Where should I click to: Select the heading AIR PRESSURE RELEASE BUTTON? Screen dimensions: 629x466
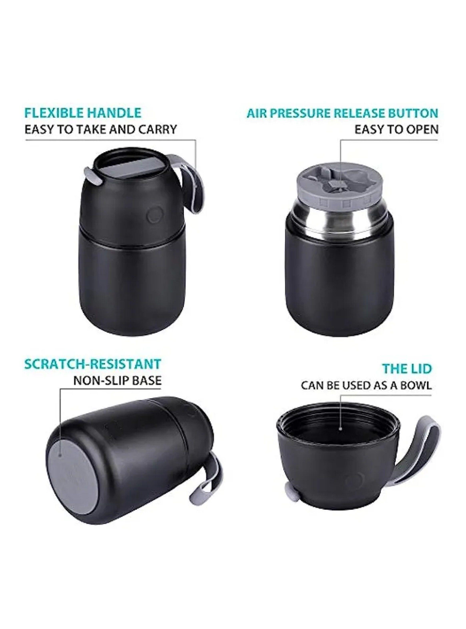click(x=342, y=113)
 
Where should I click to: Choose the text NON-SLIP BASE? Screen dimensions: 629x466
click(x=117, y=380)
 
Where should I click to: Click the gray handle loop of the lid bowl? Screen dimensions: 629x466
click(x=426, y=462)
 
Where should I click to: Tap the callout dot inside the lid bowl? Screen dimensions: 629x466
click(x=340, y=437)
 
